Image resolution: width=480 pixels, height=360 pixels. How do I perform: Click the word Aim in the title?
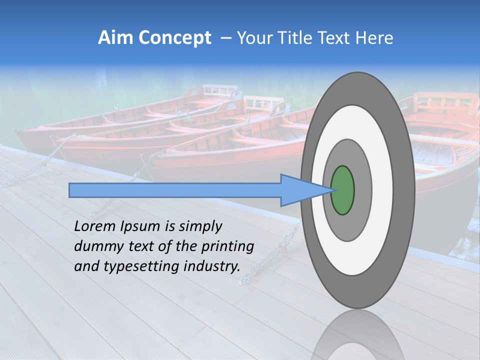(x=115, y=38)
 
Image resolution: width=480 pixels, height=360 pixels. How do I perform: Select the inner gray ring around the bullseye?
(x=362, y=190)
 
